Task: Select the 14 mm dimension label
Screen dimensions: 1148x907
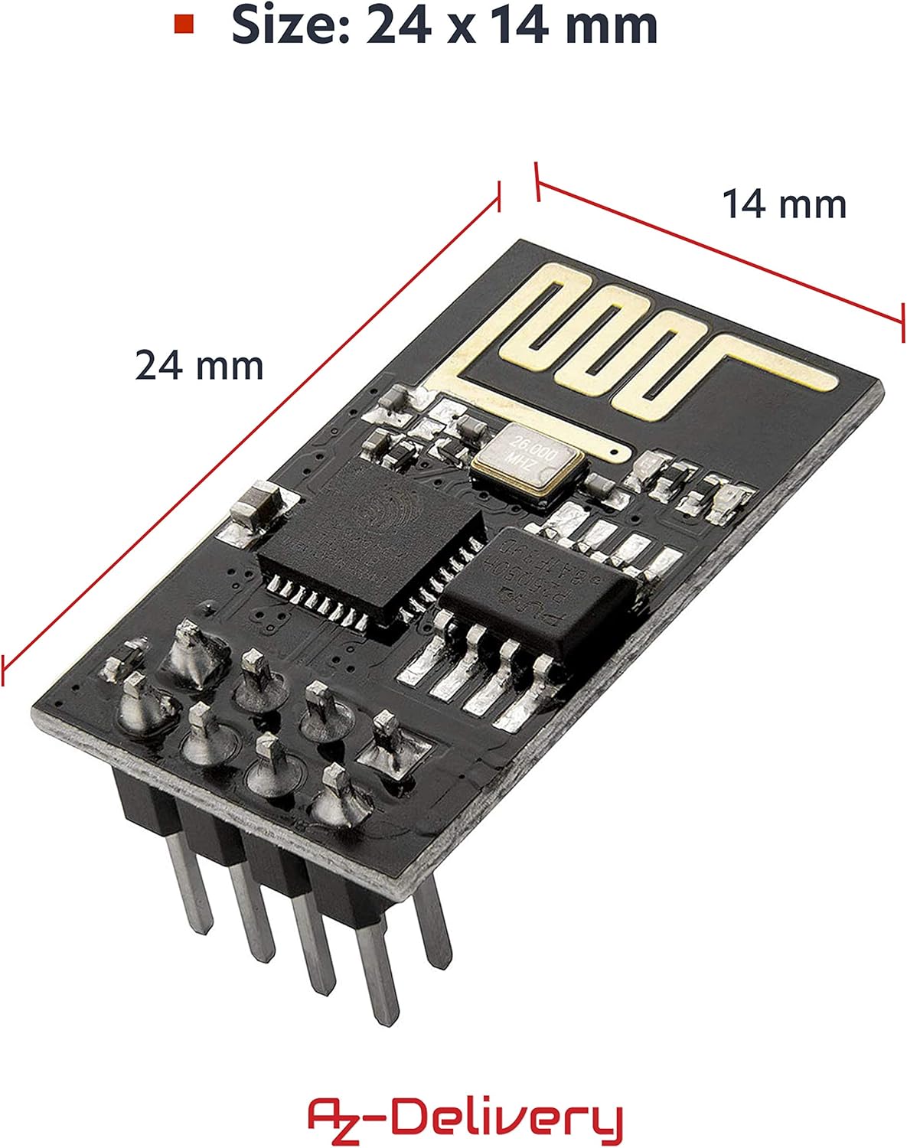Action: (785, 204)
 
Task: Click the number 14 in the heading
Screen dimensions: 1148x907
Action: (520, 25)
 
